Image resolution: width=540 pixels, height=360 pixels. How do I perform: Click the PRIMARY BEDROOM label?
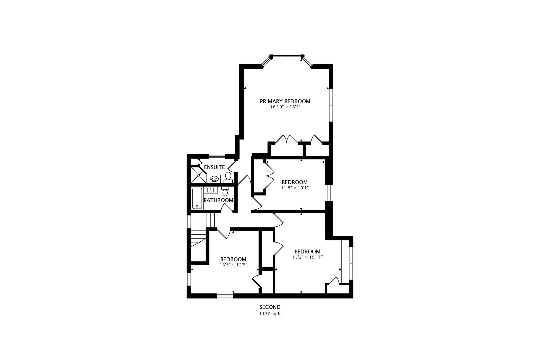pos(285,101)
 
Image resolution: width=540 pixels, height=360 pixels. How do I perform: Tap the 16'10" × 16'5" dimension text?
pos(285,107)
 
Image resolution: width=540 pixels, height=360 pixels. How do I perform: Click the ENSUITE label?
pos(214,167)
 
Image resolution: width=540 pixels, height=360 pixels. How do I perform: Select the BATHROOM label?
pos(218,200)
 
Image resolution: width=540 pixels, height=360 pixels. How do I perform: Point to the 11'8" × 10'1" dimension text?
pos(295,188)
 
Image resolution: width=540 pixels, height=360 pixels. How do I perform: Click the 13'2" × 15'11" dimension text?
pos(308,257)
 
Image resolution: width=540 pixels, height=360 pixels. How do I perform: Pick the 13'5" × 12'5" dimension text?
pos(233,265)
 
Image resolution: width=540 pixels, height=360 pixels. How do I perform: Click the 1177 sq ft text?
pos(270,314)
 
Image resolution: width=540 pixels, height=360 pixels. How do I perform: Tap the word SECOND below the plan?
pos(270,307)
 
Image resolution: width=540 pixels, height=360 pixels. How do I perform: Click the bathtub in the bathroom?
pos(197,198)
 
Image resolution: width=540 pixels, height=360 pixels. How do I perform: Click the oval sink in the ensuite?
pos(214,179)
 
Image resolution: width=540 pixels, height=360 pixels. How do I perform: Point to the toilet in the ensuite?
pos(228,177)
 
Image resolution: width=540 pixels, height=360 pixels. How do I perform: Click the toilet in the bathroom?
pos(225,191)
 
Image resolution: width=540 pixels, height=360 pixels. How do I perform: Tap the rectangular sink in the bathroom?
pos(210,190)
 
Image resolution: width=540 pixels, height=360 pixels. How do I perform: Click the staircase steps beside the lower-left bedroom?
pos(198,239)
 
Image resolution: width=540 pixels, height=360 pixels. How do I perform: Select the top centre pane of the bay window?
pos(287,57)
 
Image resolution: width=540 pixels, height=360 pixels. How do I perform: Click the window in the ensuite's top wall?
pos(217,156)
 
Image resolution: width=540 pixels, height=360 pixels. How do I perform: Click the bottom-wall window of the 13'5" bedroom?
pos(225,296)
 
